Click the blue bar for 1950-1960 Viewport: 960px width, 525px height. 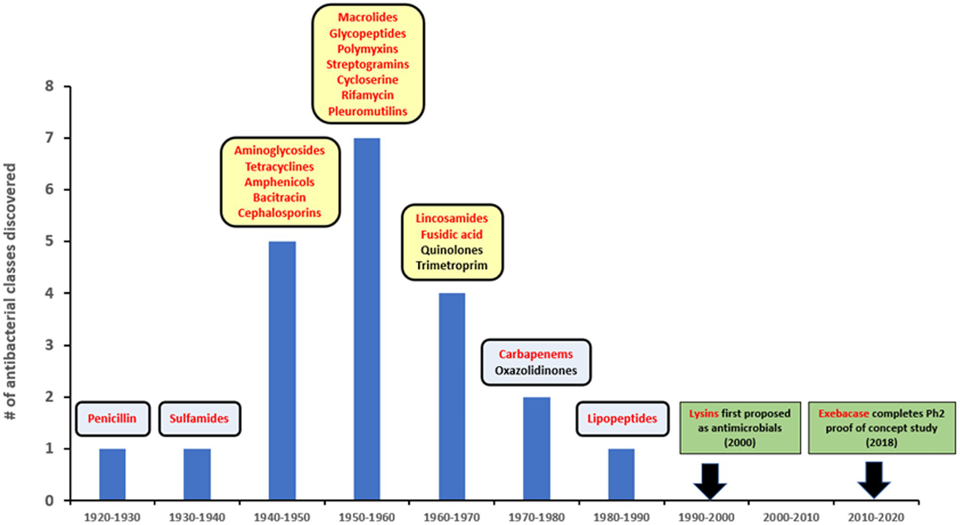pyautogui.click(x=366, y=319)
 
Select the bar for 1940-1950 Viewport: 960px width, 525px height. pyautogui.click(x=281, y=370)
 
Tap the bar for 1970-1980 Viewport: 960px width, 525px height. pyautogui.click(x=537, y=448)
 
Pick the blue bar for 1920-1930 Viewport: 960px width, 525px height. pyautogui.click(x=112, y=474)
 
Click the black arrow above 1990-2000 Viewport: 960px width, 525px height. pyautogui.click(x=710, y=481)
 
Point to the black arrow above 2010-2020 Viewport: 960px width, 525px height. pyautogui.click(x=874, y=480)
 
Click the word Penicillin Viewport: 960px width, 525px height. pyautogui.click(x=112, y=419)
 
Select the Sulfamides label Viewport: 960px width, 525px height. pyautogui.click(x=199, y=419)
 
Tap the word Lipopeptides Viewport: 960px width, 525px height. pyautogui.click(x=622, y=419)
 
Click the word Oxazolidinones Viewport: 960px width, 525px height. pyautogui.click(x=536, y=370)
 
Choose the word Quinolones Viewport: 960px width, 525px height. pyautogui.click(x=452, y=250)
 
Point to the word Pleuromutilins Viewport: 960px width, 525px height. pyautogui.click(x=368, y=111)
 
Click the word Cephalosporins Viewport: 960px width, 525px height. pyautogui.click(x=280, y=213)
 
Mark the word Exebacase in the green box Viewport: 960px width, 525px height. pyautogui.click(x=844, y=414)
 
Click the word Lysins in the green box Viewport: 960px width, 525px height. pyautogui.click(x=704, y=414)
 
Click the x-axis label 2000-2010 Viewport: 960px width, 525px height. pyautogui.click(x=791, y=517)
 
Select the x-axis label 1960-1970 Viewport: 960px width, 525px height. pyautogui.click(x=452, y=517)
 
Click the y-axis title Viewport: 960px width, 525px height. pyautogui.click(x=10, y=292)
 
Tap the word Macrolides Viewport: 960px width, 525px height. pyautogui.click(x=368, y=18)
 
